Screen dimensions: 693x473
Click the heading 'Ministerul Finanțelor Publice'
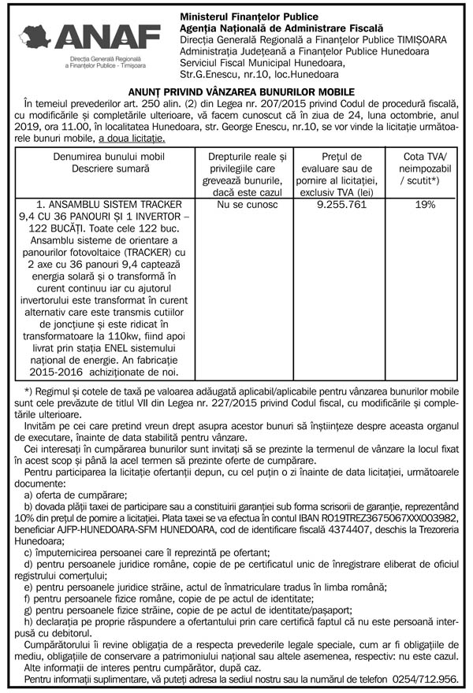(249, 17)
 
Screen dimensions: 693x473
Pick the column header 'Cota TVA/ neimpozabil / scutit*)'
(425, 169)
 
